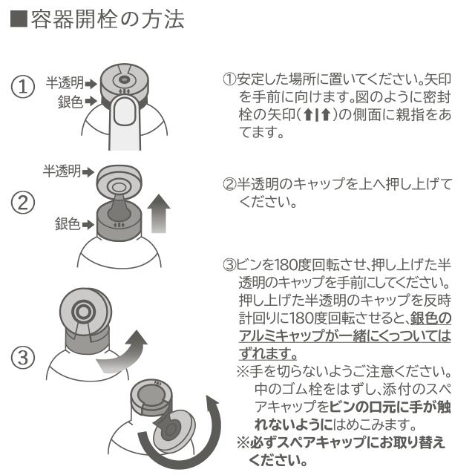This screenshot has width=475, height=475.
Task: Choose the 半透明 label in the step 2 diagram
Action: click(x=62, y=171)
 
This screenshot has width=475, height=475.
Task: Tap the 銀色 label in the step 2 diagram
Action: click(x=68, y=223)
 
